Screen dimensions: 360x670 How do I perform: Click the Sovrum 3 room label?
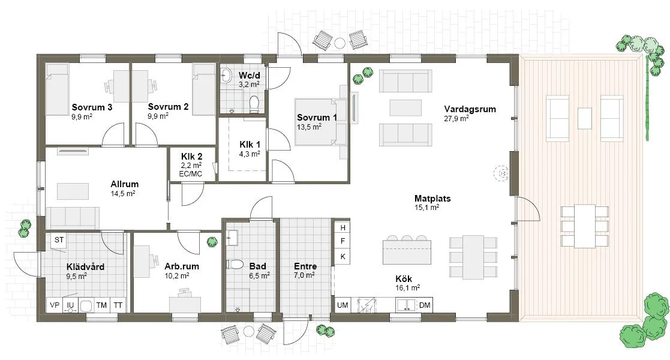[92, 107]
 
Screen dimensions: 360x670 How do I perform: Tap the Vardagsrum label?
[470, 109]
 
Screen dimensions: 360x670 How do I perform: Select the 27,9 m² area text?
[456, 118]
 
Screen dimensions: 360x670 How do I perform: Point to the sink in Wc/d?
[227, 76]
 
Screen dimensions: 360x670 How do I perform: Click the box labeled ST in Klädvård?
[59, 240]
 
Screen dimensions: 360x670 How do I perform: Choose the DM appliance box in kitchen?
[425, 305]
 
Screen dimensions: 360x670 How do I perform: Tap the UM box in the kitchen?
[342, 305]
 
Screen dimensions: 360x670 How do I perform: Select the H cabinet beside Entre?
[342, 228]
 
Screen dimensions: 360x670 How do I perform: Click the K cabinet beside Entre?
[342, 257]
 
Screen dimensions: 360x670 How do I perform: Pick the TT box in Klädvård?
[118, 305]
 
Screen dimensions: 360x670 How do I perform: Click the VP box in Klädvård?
[55, 305]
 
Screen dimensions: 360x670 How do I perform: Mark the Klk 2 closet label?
[183, 156]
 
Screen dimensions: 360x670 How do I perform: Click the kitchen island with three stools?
[407, 253]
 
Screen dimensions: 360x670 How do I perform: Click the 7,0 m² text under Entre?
[305, 276]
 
